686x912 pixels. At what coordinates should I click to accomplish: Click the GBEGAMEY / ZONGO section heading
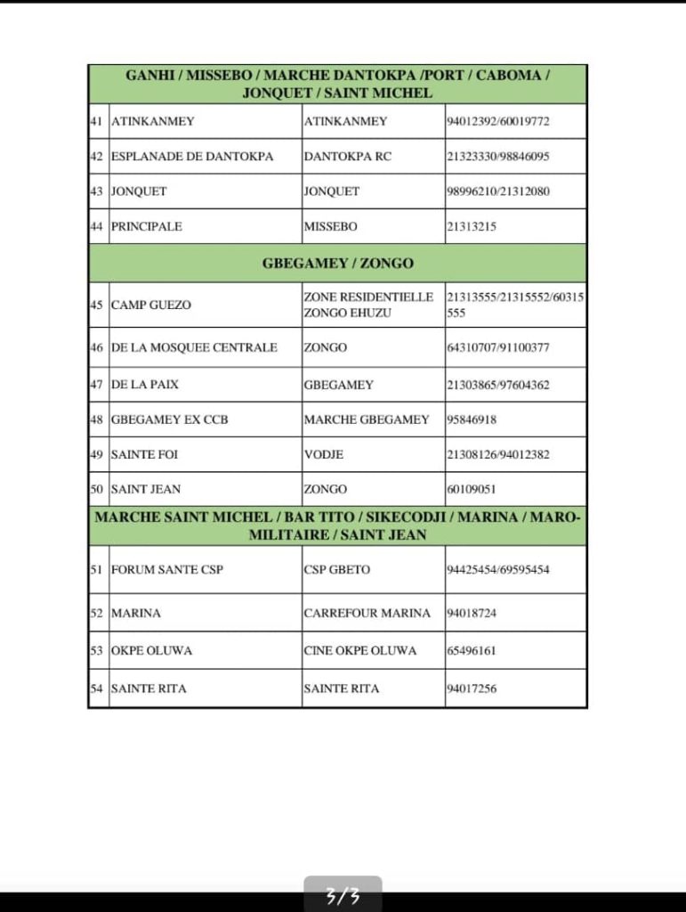337,264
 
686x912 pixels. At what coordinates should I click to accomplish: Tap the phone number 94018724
472,613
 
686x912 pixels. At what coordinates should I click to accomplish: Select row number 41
97,121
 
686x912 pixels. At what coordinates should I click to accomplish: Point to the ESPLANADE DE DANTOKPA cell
192,156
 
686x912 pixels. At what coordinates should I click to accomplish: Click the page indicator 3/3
343,896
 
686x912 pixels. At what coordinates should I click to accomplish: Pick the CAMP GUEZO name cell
151,305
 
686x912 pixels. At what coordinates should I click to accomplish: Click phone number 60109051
472,489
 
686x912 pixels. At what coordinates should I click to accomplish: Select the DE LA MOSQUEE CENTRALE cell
194,347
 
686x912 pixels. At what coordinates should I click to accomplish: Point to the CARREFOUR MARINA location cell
367,613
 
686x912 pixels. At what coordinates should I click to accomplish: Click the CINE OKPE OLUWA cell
359,650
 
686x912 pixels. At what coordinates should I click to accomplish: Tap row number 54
97,688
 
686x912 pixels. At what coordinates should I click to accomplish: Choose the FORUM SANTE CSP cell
166,569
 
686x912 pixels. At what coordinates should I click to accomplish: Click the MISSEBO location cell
330,226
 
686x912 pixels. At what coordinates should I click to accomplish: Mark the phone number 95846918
472,419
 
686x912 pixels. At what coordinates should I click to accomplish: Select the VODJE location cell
324,454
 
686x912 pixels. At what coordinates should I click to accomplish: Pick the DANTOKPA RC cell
347,156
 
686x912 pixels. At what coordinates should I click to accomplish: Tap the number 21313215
472,226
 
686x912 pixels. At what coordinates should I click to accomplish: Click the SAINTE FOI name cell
144,454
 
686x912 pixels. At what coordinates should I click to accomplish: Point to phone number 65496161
472,650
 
